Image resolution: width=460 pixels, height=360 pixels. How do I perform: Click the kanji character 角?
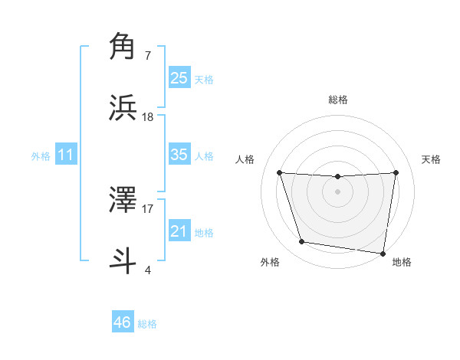tap(123, 47)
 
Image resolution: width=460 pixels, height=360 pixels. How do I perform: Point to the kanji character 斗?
tap(123, 260)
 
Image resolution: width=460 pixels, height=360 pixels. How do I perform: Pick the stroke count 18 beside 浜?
tap(148, 116)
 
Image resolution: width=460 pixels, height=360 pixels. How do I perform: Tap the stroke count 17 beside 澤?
tap(148, 208)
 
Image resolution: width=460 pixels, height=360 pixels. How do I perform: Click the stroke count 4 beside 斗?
tap(147, 269)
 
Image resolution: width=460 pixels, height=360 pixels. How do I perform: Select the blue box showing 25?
tap(179, 78)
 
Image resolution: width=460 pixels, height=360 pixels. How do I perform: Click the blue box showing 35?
tap(179, 155)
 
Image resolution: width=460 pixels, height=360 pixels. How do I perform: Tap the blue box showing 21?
tap(179, 231)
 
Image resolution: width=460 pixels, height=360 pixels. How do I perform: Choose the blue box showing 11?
tap(66, 155)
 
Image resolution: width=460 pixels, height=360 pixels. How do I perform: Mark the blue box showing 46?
tap(123, 322)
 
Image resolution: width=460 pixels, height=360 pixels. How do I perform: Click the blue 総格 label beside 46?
tap(147, 324)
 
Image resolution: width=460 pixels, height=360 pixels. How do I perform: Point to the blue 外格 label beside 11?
tap(41, 156)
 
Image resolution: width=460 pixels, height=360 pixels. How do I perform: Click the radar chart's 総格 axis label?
tap(338, 100)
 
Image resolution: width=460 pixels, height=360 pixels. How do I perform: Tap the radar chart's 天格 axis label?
tap(432, 159)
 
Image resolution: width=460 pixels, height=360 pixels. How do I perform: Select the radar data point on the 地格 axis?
tap(383, 253)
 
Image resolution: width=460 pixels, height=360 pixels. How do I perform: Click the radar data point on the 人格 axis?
tap(279, 172)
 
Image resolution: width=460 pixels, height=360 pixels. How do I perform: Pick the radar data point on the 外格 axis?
tap(302, 242)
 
